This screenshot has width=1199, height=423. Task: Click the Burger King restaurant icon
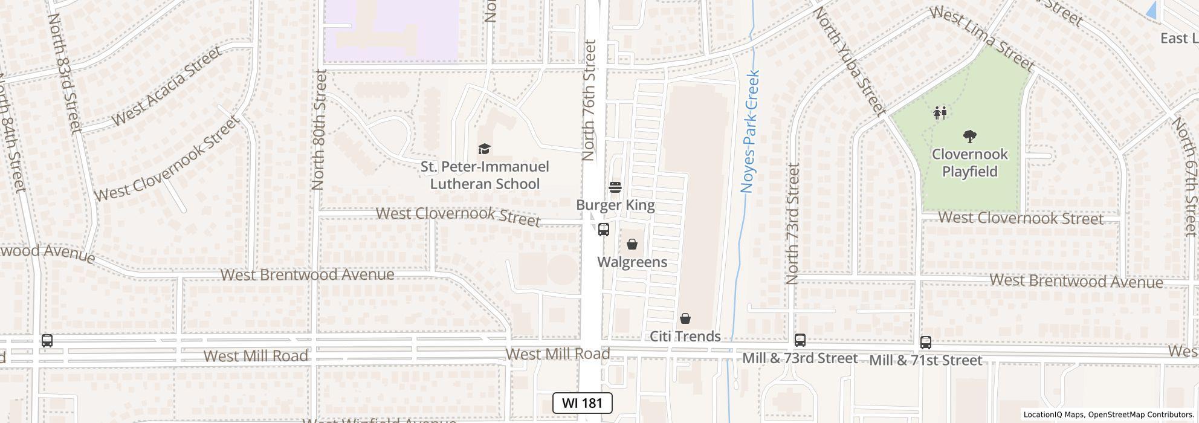pos(615,187)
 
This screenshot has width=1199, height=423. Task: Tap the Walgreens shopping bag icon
pos(632,244)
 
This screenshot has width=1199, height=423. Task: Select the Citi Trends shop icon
pos(685,318)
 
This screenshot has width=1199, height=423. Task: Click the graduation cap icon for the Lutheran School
pos(483,149)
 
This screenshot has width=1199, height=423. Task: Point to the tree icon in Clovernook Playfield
pos(970,137)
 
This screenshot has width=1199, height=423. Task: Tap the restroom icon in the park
pos(940,112)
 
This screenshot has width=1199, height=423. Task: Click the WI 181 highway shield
pos(582,403)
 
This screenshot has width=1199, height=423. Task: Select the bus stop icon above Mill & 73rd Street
pos(800,340)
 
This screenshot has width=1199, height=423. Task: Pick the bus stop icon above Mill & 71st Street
pos(926,342)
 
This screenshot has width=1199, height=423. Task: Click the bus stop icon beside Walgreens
pos(603,230)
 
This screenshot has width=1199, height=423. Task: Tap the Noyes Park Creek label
pos(750,132)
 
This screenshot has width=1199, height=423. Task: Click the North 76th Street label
pos(589,100)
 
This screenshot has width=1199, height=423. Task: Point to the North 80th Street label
pos(319,129)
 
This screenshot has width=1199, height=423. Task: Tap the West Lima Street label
pos(982,39)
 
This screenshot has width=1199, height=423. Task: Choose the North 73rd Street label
pos(792,224)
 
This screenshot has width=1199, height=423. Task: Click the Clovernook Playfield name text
pos(969,163)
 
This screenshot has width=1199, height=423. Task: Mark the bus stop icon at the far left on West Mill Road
pos(47,341)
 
